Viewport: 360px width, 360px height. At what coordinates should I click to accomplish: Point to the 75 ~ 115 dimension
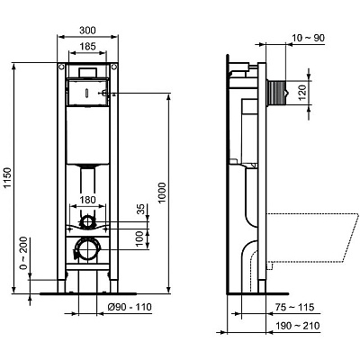coord(301,307)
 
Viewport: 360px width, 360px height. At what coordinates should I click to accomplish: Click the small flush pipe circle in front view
coord(88,221)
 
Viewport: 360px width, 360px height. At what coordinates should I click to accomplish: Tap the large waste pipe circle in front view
coord(88,249)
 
